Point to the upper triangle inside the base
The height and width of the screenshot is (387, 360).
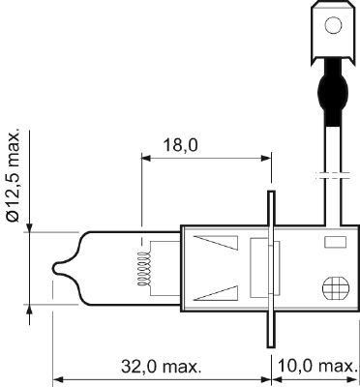point(216,244)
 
